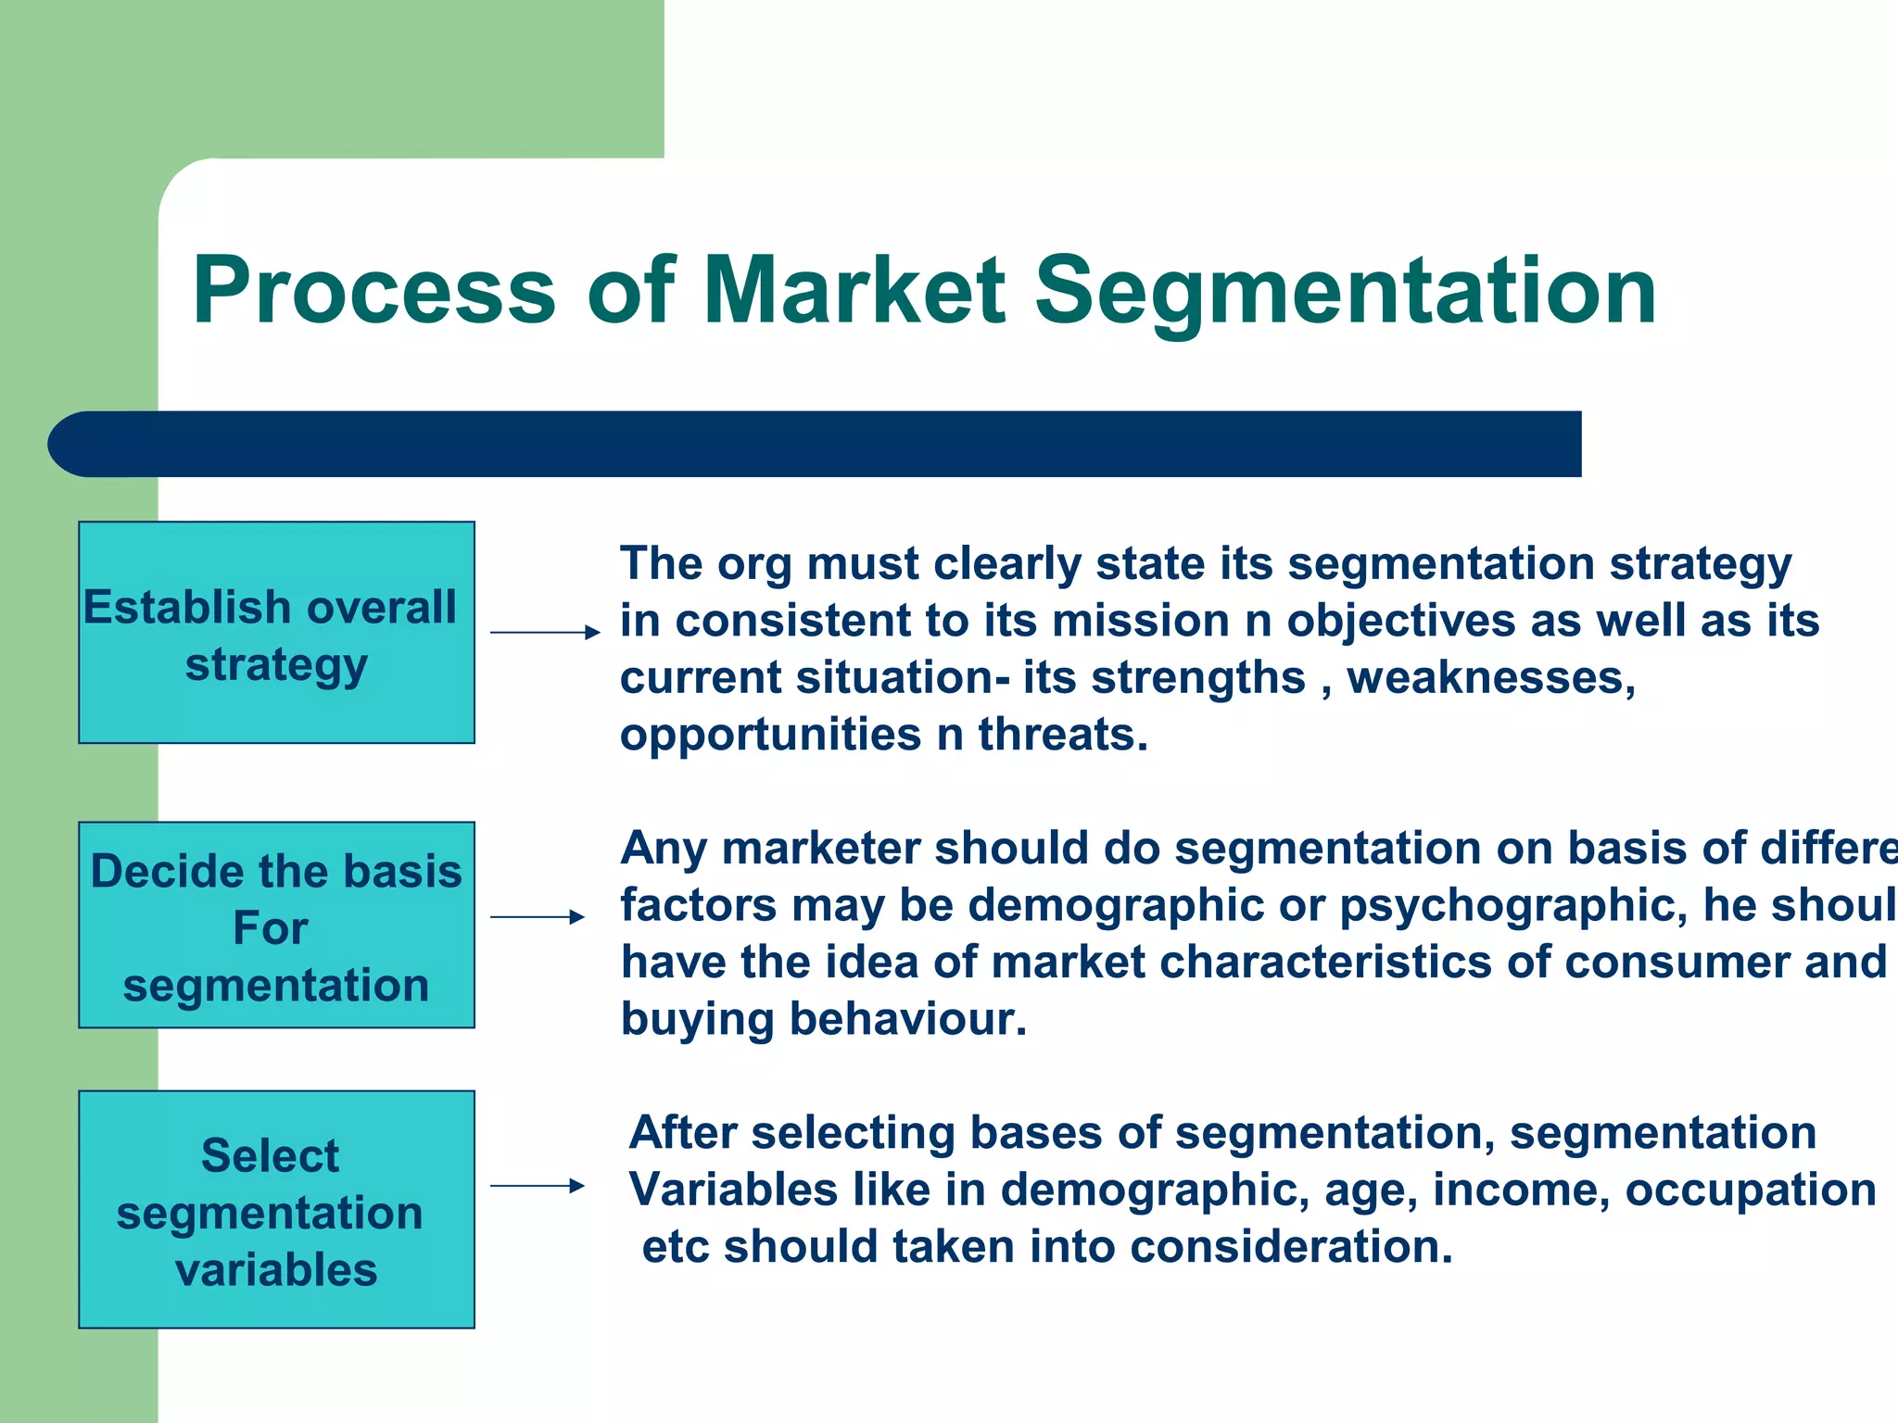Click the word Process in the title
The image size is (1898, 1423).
[x=373, y=292]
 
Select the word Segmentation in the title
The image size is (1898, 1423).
[x=1344, y=292]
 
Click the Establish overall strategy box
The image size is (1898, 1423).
[x=276, y=633]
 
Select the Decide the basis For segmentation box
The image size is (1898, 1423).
[x=276, y=926]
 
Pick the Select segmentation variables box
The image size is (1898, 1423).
[x=276, y=1210]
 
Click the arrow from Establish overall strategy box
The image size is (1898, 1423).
[x=545, y=633]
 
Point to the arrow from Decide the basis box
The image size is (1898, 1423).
[x=538, y=917]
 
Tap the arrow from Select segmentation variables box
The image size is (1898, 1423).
[x=538, y=1186]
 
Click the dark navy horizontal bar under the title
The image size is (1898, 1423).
[x=816, y=445]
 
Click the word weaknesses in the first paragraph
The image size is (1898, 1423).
[x=1490, y=678]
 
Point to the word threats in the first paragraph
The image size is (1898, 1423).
[x=1062, y=735]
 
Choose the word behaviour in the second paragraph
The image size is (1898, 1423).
[x=908, y=1019]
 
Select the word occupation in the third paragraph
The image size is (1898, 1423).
[x=1751, y=1190]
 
